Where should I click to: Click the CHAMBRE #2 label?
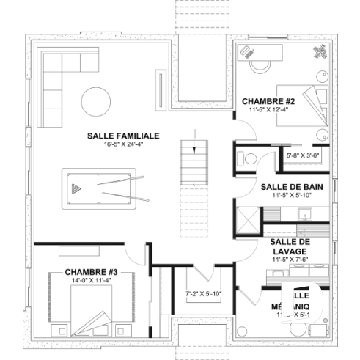[x=268, y=101]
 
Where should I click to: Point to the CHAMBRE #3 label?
[x=86, y=271]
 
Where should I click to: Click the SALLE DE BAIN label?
[x=287, y=187]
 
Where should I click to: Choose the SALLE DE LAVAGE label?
[x=287, y=246]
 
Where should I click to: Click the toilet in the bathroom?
[x=247, y=157]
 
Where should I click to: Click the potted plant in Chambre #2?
[x=321, y=51]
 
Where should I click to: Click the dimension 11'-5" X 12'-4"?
[x=268, y=109]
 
